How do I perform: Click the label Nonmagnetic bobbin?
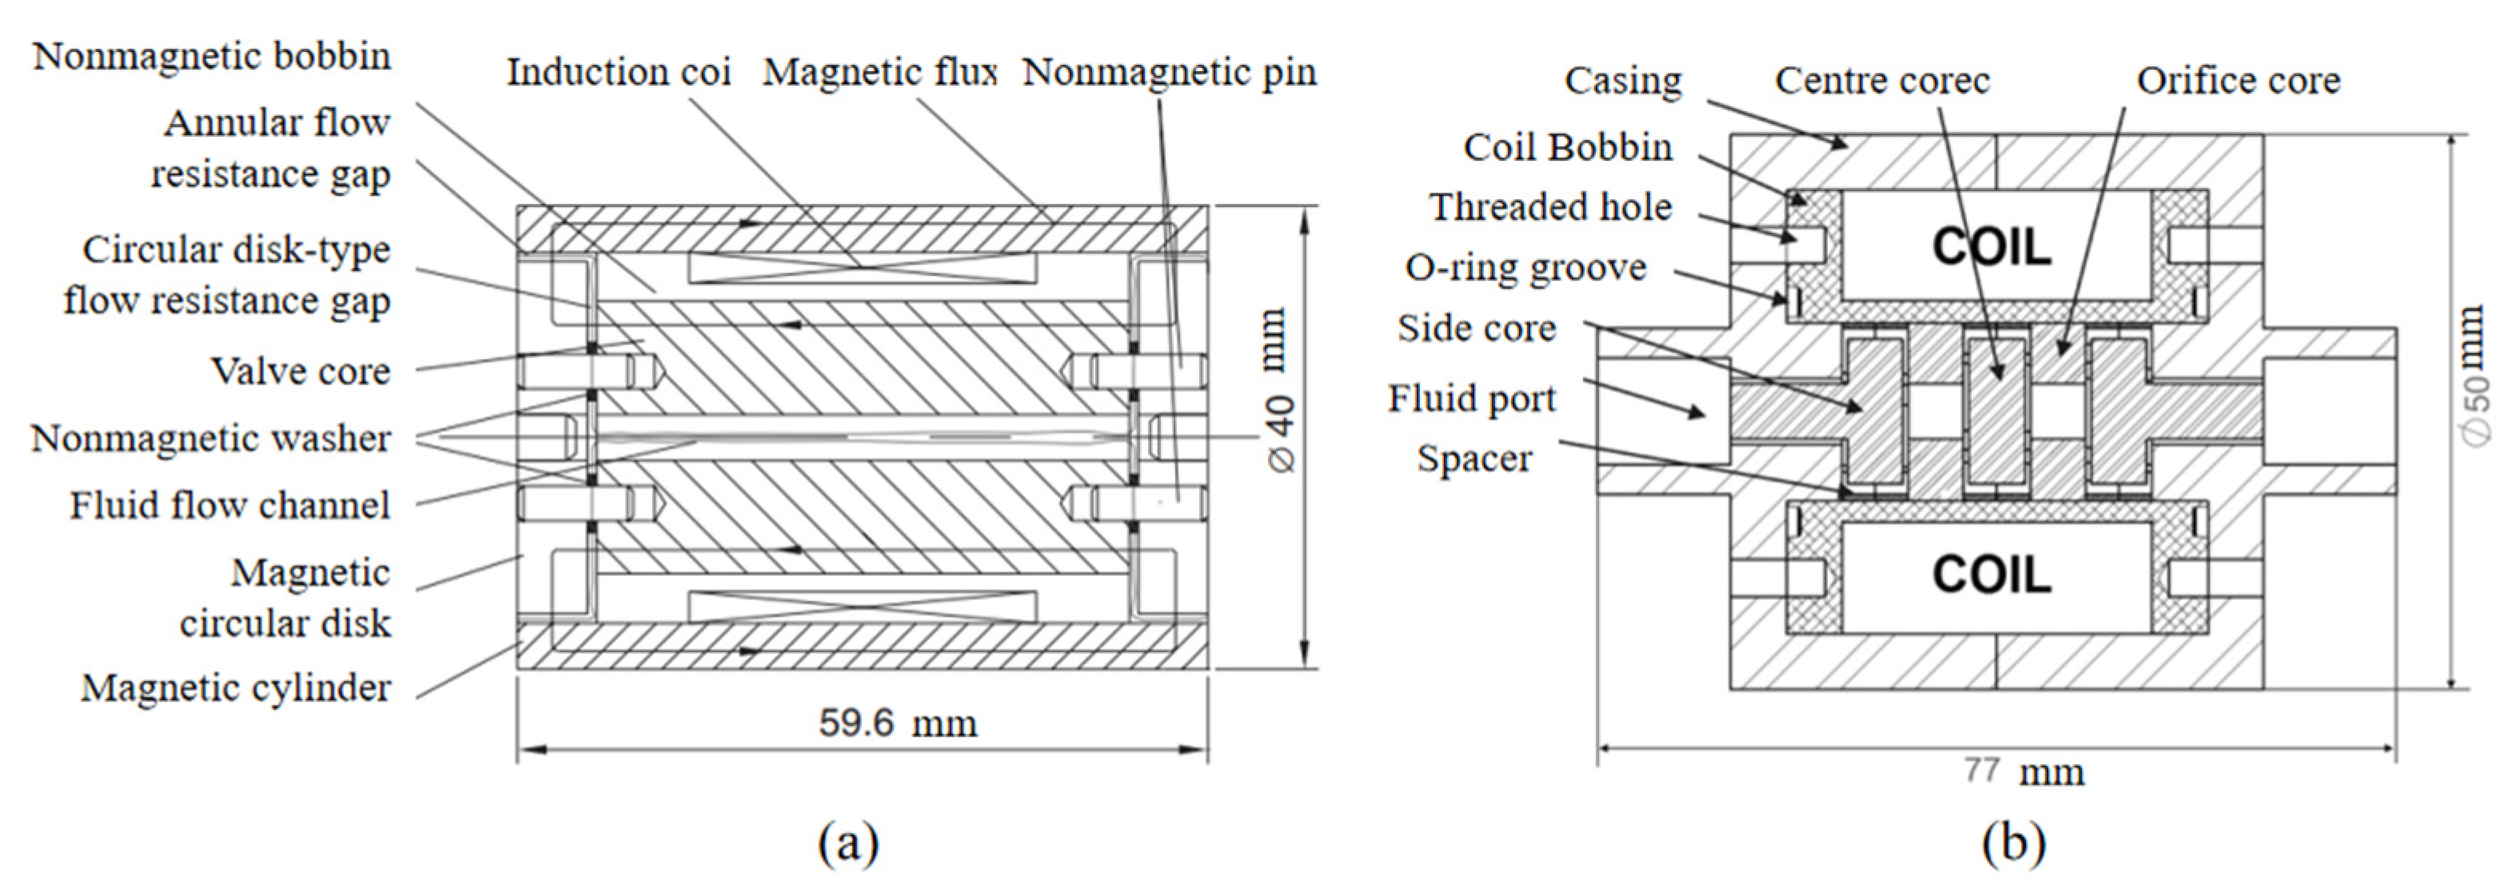point(212,57)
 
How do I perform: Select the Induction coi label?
point(618,72)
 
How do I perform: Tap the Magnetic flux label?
point(879,72)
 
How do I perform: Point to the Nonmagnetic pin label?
point(1169,72)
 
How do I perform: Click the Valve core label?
point(301,371)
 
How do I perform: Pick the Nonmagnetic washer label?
point(211,439)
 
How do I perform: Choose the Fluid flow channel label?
point(229,505)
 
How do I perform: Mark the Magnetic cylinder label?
point(235,688)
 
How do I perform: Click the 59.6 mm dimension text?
point(896,724)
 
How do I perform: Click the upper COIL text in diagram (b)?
point(1992,246)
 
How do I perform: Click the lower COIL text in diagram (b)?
point(1992,573)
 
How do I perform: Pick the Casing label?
point(1622,81)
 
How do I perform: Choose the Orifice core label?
point(2238,81)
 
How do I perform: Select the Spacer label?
point(1473,458)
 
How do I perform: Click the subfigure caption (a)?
point(847,842)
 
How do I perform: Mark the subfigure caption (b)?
point(2014,842)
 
